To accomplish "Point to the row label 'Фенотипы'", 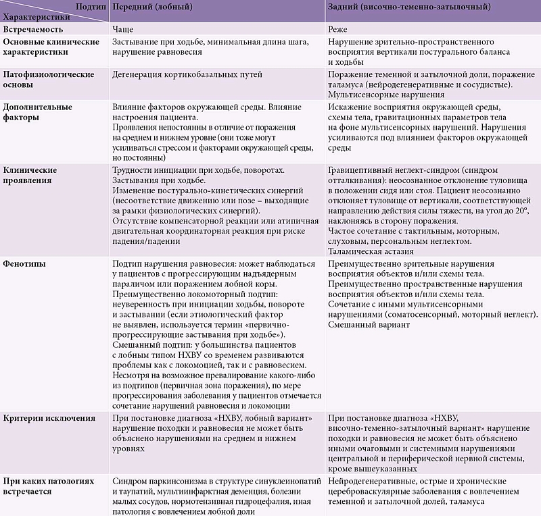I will pos(24,263).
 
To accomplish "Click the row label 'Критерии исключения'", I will pos(49,418).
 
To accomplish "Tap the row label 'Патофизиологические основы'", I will pos(49,80).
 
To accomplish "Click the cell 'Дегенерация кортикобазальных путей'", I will pos(187,74).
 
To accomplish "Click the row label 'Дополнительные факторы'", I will pos(38,112).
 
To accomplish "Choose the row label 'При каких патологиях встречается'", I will pos(49,486).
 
